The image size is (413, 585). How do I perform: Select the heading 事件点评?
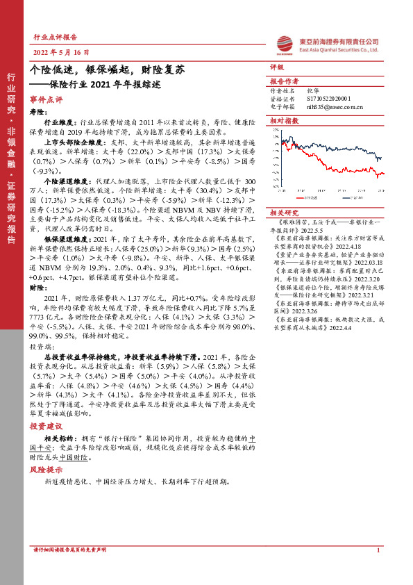46,99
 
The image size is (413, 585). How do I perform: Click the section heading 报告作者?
283,81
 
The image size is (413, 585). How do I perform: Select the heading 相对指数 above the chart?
283,120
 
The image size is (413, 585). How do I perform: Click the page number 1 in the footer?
378,550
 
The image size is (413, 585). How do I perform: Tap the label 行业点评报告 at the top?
55,38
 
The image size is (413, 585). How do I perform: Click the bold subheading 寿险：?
37,110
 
